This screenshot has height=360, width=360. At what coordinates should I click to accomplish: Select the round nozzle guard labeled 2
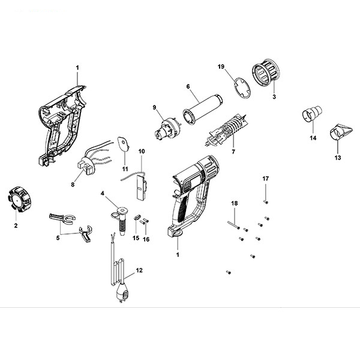tap(16, 199)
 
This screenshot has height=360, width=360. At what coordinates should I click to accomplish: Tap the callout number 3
tap(274, 96)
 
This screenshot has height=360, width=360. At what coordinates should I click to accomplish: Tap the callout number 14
tap(312, 138)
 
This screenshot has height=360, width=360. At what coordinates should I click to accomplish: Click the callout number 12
tap(139, 271)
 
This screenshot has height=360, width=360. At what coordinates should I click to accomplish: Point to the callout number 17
tap(266, 179)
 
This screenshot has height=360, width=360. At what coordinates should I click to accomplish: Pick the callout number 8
tap(73, 185)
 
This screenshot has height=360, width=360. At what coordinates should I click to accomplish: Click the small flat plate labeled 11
tap(123, 143)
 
